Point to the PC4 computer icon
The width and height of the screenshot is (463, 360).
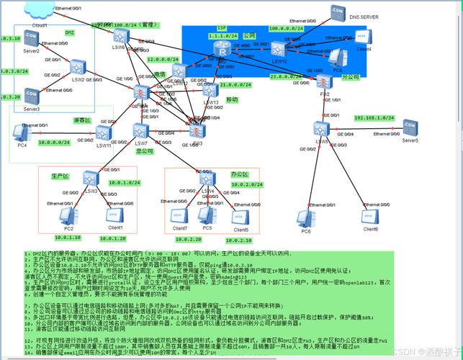22,132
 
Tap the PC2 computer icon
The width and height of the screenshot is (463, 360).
69,214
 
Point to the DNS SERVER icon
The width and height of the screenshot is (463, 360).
336,12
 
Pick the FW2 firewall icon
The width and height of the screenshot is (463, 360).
325,81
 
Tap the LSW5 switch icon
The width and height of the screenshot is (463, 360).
321,129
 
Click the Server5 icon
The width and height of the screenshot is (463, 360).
410,127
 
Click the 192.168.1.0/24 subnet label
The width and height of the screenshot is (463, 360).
375,117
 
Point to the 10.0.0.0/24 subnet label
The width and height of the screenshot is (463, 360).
54,143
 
